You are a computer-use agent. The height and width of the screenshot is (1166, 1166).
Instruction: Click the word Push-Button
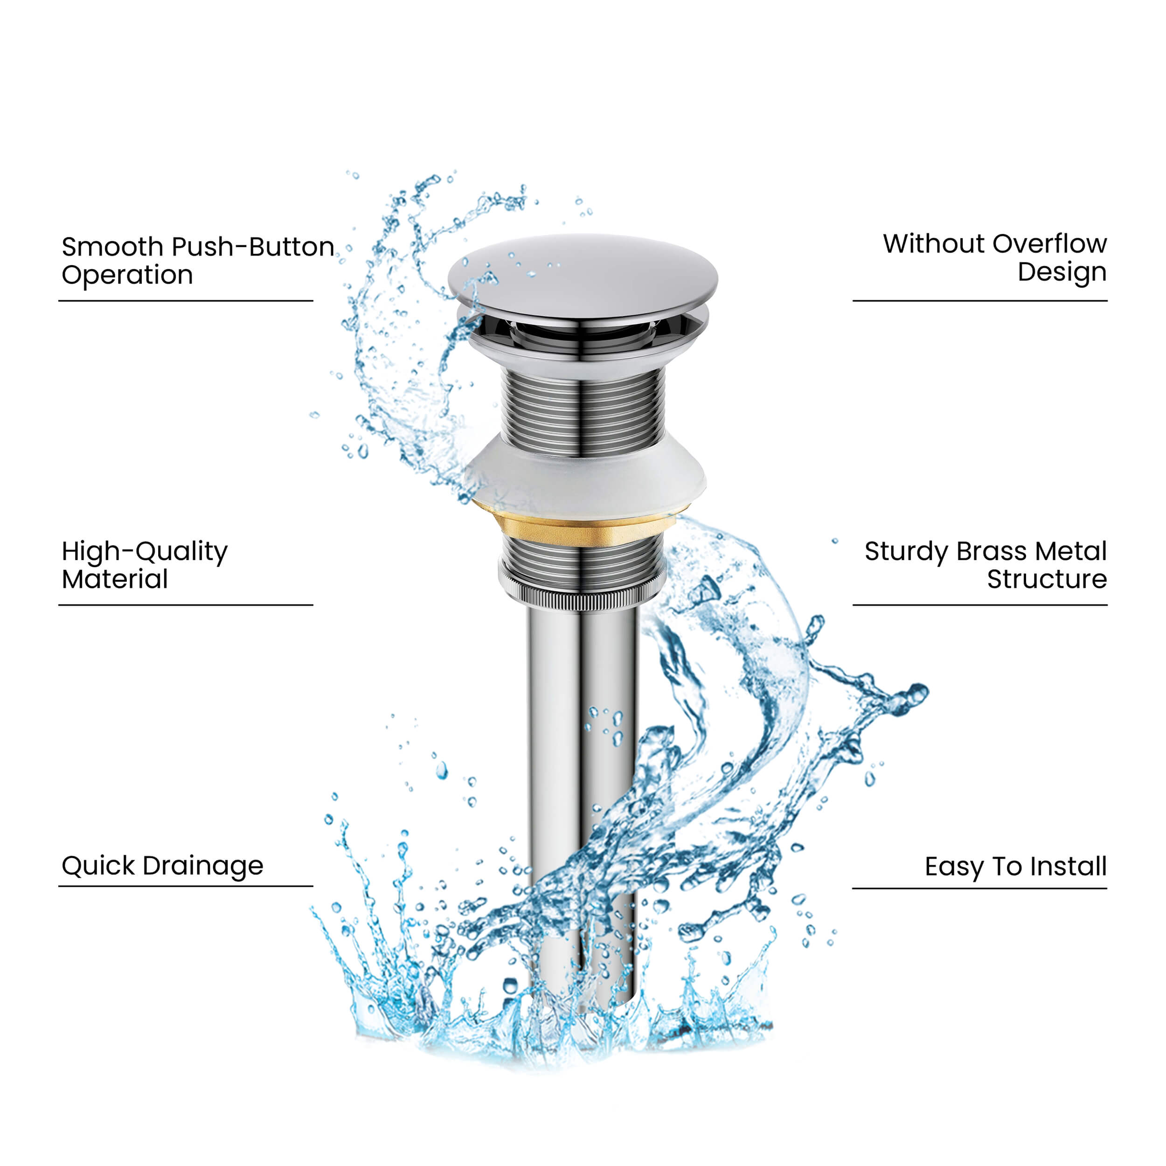tap(253, 247)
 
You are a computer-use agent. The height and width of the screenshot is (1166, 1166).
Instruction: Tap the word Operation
tap(127, 275)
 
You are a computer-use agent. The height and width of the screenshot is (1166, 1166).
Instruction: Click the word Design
tap(1062, 272)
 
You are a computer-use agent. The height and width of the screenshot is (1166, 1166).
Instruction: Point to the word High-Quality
tap(145, 552)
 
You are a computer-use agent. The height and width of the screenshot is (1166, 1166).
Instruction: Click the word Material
tap(115, 579)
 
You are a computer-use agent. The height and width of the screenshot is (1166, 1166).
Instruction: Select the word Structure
tap(1047, 579)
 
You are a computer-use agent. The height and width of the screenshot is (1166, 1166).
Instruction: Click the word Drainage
tap(203, 867)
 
